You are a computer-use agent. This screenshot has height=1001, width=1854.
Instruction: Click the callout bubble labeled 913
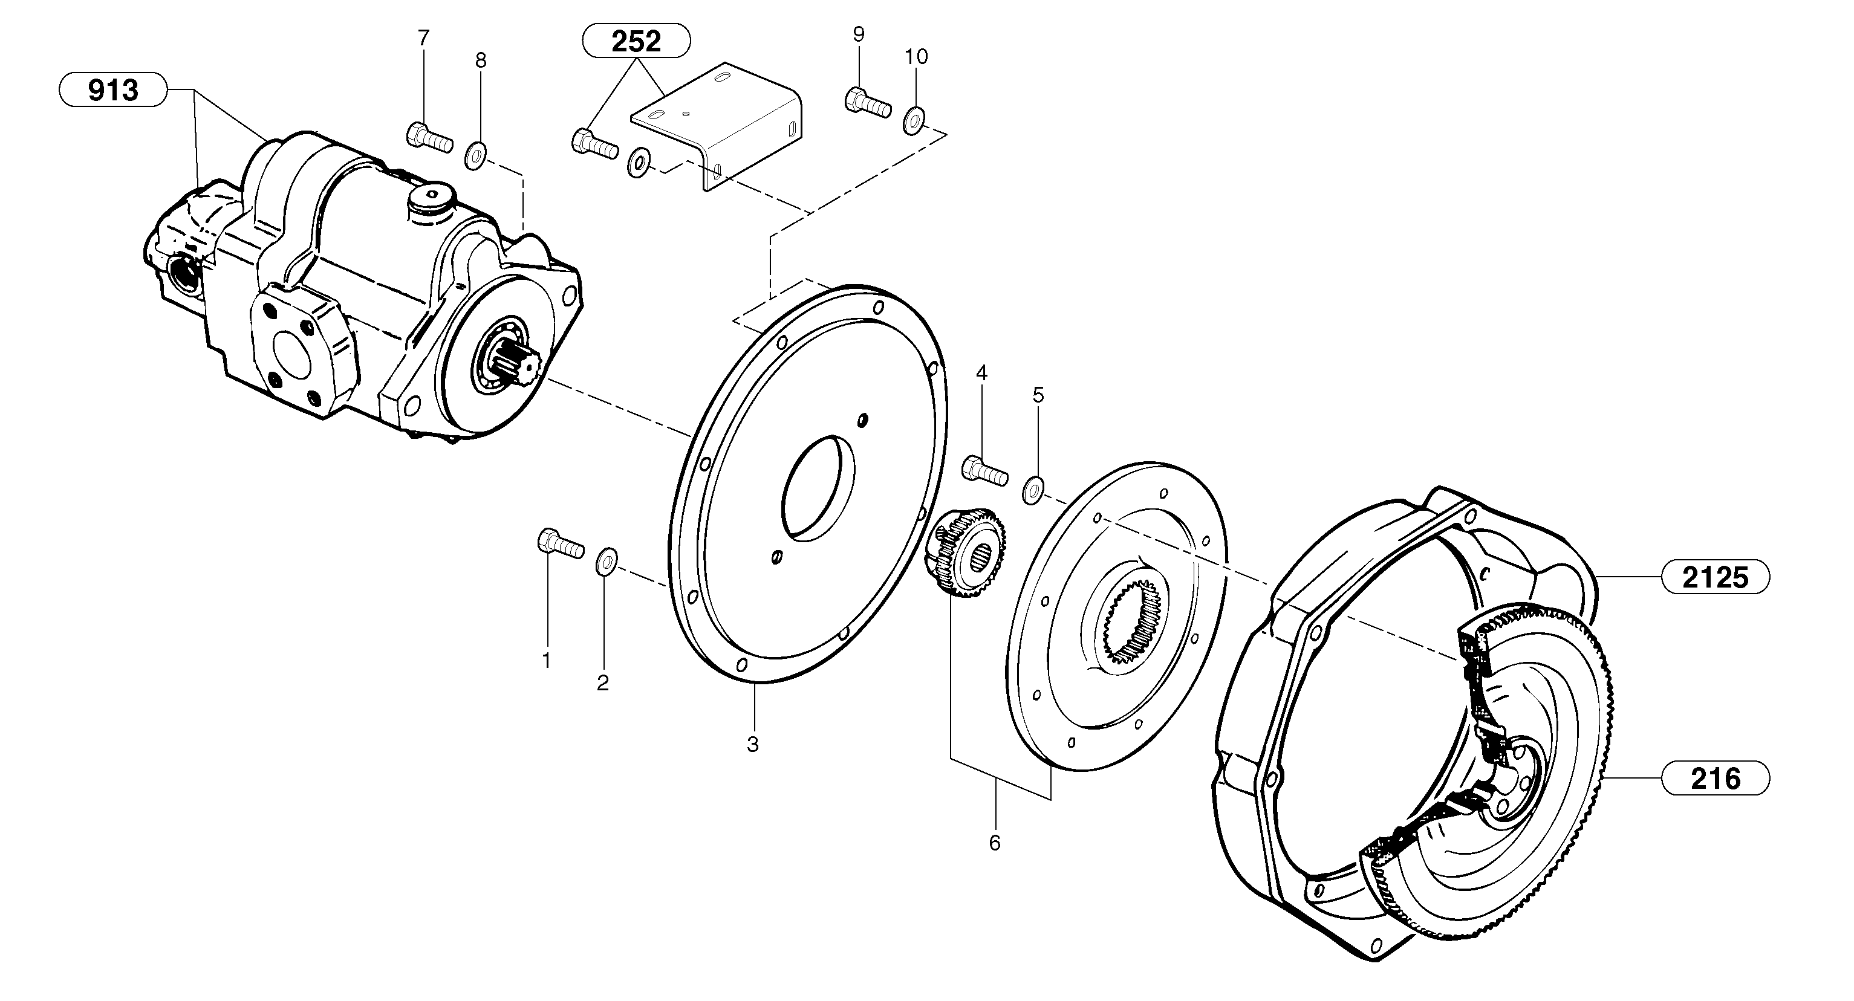[113, 90]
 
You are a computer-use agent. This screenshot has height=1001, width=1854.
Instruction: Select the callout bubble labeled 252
[636, 41]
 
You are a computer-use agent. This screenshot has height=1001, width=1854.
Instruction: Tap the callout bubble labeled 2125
[1714, 577]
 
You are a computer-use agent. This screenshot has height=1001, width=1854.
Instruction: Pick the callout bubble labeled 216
[1714, 779]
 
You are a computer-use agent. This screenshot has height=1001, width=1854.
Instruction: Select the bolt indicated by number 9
[867, 102]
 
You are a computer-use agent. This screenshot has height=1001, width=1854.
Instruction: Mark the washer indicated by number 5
[1033, 490]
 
